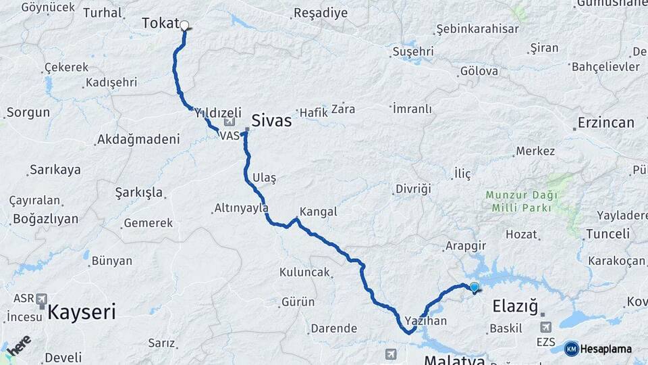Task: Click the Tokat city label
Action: coord(159,24)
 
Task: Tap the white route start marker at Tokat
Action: coord(184,26)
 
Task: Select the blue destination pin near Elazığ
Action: coord(474,287)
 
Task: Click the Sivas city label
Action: coord(271,121)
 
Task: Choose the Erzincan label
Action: coord(605,123)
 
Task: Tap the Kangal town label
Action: coord(318,212)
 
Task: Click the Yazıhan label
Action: coord(426,320)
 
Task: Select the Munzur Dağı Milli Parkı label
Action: coord(522,201)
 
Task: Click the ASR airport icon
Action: coord(42,298)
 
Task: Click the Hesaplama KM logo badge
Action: coord(571,349)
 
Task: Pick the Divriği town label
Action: coord(412,189)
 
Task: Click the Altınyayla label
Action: coord(241,208)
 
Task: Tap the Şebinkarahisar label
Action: coord(477,29)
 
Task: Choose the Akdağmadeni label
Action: coord(138,140)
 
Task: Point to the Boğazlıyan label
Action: coord(45,219)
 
